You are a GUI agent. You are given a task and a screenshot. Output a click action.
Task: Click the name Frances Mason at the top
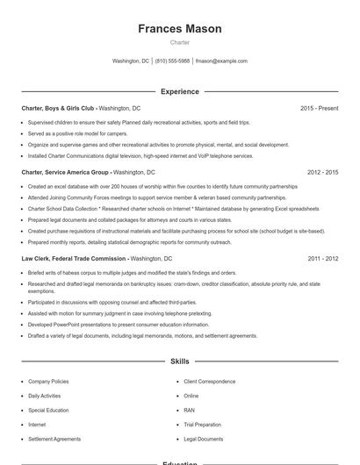click(179, 29)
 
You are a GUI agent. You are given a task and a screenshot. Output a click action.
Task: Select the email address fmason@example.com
click(221, 61)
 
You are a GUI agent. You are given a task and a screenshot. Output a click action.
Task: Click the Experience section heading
click(179, 91)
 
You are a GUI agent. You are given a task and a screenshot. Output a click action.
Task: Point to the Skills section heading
click(179, 361)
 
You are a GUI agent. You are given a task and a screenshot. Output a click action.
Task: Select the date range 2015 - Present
click(319, 108)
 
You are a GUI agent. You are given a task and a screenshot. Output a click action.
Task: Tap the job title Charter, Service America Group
click(65, 173)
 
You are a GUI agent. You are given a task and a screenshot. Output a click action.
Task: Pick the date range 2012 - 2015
click(322, 173)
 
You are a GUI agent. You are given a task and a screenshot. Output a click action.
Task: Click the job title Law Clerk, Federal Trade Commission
click(74, 259)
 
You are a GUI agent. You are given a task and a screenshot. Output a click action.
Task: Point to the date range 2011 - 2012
click(322, 259)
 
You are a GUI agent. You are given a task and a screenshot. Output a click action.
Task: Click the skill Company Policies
click(48, 382)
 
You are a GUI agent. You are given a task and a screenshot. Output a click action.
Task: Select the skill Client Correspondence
click(209, 382)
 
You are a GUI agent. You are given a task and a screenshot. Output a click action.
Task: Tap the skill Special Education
click(47, 410)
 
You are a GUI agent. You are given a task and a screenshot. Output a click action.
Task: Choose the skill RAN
click(190, 410)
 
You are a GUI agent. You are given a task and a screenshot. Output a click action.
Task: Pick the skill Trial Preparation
click(203, 424)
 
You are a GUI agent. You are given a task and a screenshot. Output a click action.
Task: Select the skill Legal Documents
click(203, 438)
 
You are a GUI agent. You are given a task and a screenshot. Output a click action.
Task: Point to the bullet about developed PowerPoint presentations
click(118, 324)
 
